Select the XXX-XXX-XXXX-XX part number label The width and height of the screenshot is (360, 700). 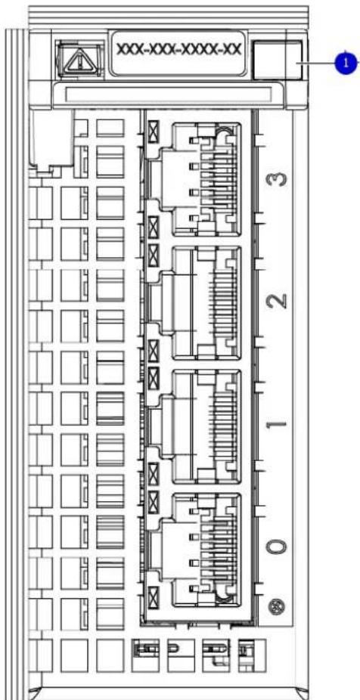178,50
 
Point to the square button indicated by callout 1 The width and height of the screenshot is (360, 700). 277,60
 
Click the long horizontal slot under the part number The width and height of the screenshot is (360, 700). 169,94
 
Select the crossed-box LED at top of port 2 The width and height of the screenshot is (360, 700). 154,255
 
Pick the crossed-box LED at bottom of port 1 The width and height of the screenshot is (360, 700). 154,473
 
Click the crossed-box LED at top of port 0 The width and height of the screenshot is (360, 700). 154,501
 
